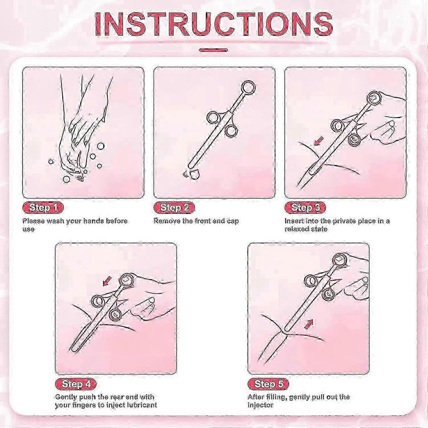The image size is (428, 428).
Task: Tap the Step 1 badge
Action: [x=43, y=208]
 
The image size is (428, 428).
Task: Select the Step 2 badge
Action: [x=174, y=208]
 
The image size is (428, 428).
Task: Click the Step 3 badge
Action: [x=306, y=208]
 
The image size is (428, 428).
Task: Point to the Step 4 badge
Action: [x=76, y=384]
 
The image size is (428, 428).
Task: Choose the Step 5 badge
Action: [x=268, y=384]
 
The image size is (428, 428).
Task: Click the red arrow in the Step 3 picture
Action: [x=318, y=141]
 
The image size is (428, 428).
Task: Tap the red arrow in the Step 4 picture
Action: [x=107, y=280]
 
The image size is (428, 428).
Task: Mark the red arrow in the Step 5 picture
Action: [x=308, y=324]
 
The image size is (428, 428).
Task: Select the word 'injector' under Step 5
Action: [x=260, y=405]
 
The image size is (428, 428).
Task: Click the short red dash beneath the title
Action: [x=214, y=50]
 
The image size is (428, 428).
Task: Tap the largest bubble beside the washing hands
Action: [x=101, y=146]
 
